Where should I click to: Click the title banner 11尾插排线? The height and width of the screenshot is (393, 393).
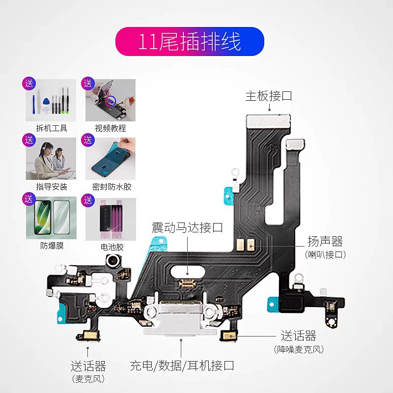pyautogui.click(x=190, y=42)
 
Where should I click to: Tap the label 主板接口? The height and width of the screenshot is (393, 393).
pyautogui.click(x=269, y=95)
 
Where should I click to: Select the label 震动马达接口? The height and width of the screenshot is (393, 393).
pyautogui.click(x=187, y=227)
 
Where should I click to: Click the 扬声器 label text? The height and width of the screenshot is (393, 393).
pyautogui.click(x=325, y=241)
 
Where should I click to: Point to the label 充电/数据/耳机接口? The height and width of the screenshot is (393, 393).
pyautogui.click(x=182, y=365)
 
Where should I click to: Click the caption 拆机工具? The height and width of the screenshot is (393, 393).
pyautogui.click(x=52, y=128)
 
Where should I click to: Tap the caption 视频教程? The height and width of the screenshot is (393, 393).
pyautogui.click(x=111, y=128)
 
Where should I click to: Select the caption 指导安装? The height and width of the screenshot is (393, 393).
pyautogui.click(x=52, y=187)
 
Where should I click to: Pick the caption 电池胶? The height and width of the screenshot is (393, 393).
pyautogui.click(x=111, y=246)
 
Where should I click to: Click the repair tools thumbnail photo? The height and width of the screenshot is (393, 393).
pyautogui.click(x=51, y=101)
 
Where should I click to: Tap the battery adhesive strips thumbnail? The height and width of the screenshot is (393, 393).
pyautogui.click(x=111, y=218)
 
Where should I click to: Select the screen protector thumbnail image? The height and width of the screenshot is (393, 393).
pyautogui.click(x=51, y=218)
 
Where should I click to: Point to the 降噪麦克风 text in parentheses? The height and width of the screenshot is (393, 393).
pyautogui.click(x=299, y=349)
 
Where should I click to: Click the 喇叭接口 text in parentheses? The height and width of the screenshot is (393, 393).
pyautogui.click(x=325, y=254)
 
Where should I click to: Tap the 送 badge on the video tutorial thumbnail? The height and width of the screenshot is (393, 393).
pyautogui.click(x=88, y=83)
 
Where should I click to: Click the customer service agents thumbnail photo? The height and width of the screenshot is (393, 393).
pyautogui.click(x=51, y=159)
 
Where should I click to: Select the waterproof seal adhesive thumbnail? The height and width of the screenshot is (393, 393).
pyautogui.click(x=111, y=159)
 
